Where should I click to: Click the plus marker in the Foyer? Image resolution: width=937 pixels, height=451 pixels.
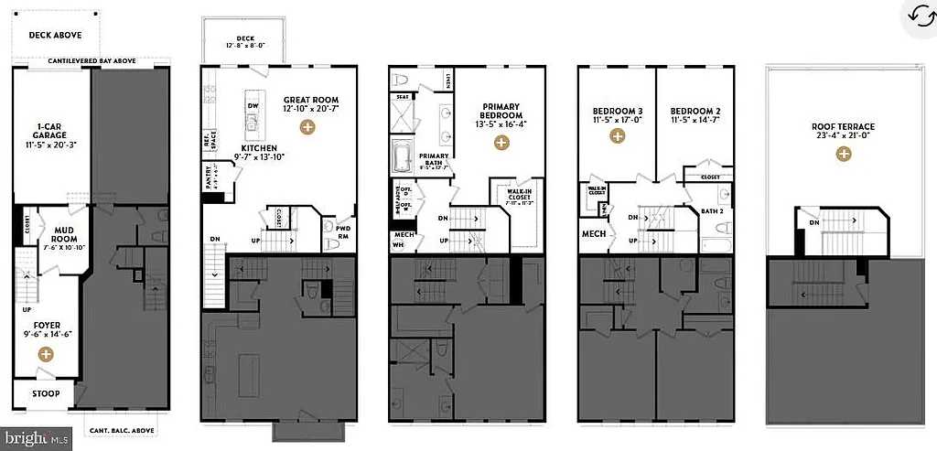[x=45, y=354]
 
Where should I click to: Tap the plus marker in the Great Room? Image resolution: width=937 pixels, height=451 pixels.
[x=308, y=128]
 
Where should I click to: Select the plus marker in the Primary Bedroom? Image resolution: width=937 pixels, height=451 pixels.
[x=501, y=142]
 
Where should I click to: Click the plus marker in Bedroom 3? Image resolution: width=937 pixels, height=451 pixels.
[x=618, y=136]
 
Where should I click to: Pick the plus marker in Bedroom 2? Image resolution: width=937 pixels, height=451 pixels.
[x=695, y=136]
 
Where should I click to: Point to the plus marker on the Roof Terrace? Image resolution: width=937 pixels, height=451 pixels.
[x=843, y=155]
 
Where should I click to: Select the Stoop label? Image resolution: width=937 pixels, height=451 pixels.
[x=45, y=394]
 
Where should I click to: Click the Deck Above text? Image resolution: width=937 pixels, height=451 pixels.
[x=55, y=36]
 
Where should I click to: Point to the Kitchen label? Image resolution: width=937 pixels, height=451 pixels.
[x=259, y=147]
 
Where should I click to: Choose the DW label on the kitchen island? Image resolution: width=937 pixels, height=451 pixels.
[x=252, y=105]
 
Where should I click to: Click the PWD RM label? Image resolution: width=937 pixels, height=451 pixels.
[x=344, y=231]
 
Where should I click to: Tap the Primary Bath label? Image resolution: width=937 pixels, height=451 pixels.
[x=435, y=156]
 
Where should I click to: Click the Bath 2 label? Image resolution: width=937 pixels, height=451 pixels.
[x=713, y=211]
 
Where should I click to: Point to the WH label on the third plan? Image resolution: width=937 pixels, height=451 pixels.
[x=397, y=245]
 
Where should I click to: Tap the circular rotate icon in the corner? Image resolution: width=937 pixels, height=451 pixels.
[x=919, y=15]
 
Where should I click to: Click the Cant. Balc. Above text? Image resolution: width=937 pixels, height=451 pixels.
[x=122, y=430]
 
